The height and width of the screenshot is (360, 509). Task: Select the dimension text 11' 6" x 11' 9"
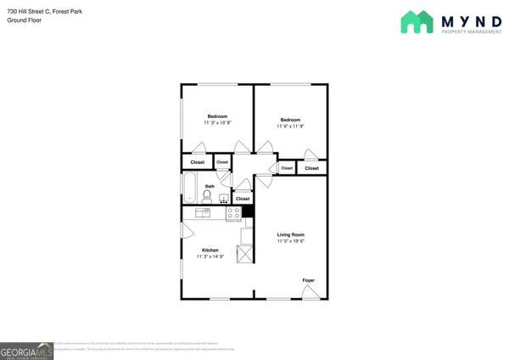[x=290, y=127]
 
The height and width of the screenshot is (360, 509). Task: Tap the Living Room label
[x=290, y=234]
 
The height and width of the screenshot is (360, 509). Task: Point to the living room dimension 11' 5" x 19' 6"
[x=290, y=241]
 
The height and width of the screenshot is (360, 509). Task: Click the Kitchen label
[x=210, y=250]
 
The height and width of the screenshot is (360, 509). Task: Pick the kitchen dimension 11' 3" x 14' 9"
[x=210, y=256]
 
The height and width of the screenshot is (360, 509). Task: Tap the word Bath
[x=210, y=186]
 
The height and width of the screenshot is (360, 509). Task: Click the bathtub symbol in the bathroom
[x=189, y=188]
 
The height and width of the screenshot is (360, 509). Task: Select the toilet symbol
[x=207, y=196]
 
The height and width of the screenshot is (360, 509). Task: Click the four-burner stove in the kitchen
[x=233, y=212]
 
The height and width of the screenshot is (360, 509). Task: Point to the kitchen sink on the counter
[x=203, y=212]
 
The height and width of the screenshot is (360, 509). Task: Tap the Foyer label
[x=308, y=280]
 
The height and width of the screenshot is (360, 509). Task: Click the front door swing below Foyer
[x=311, y=292]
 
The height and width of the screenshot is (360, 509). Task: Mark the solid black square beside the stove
[x=248, y=212]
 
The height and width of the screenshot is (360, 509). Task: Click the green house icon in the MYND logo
[x=417, y=22]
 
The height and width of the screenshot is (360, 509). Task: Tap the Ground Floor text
[x=24, y=20]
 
